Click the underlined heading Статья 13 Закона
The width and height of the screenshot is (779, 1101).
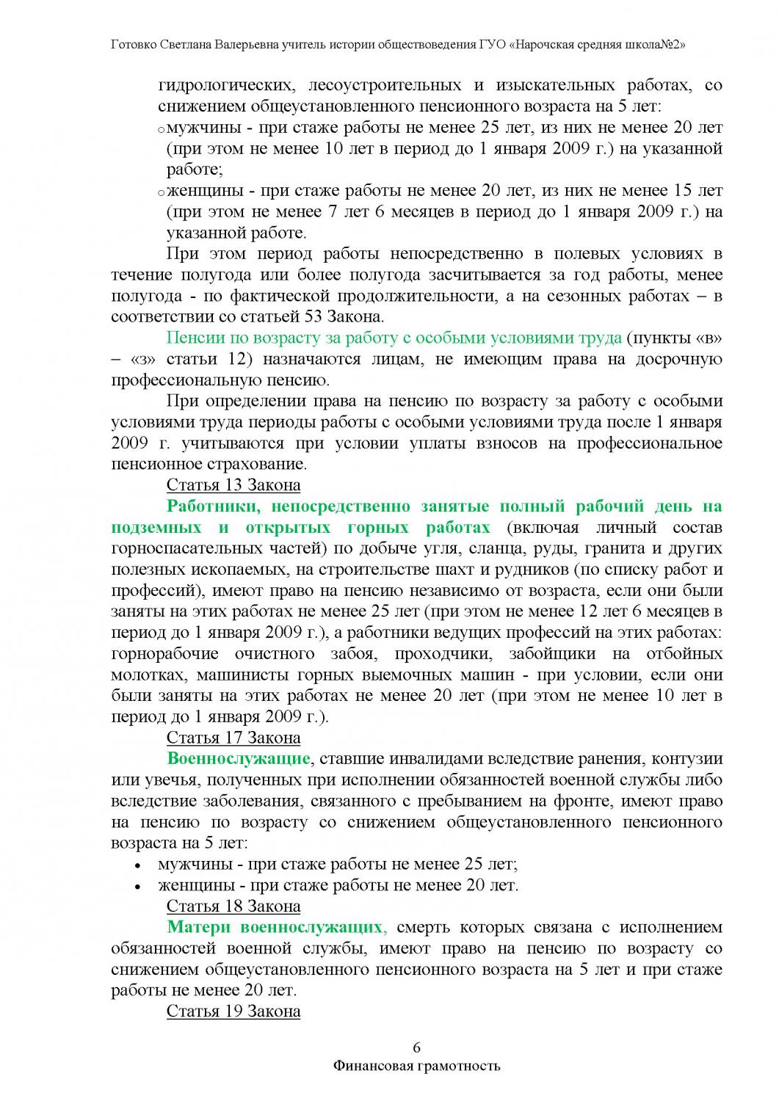233,485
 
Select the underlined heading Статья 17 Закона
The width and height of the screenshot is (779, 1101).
233,737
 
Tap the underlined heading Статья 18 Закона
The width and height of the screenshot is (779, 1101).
233,905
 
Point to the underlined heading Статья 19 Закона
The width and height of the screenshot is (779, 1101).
233,1011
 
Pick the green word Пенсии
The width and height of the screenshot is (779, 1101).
193,338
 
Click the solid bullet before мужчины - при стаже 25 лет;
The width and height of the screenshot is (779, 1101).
137,865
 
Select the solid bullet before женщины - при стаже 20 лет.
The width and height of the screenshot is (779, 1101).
137,886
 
